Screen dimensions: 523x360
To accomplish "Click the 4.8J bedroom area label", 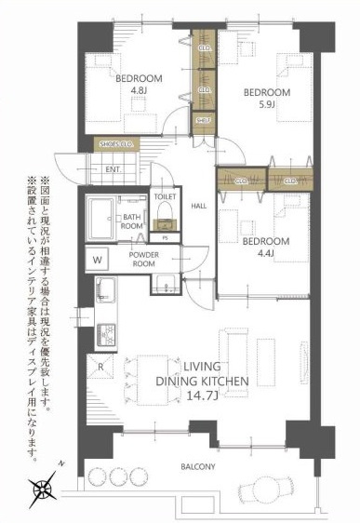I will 138,90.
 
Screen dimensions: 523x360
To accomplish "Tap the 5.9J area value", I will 266,105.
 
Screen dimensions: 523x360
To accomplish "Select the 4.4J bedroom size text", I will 265,255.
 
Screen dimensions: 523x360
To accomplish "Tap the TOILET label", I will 165,197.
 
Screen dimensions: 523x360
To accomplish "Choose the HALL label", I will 199,207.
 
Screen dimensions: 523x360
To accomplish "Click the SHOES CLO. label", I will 117,144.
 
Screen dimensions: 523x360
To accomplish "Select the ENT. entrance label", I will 113,169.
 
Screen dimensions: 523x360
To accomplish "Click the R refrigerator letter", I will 99,367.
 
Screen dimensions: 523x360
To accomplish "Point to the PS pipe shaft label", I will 165,237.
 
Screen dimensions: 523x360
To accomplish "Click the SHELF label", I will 203,119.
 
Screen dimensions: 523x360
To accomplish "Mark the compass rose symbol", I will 42,486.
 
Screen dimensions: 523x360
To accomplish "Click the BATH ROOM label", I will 133,221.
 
